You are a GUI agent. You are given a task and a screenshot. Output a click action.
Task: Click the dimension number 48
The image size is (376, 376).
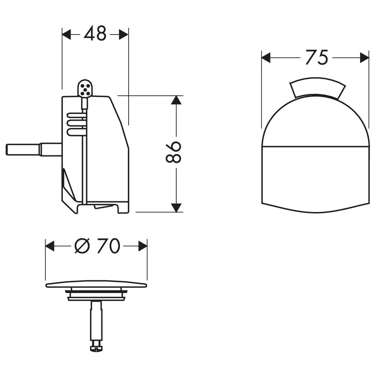click(x=95, y=35)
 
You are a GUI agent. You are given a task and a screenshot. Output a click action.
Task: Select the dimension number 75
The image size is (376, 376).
click(x=316, y=58)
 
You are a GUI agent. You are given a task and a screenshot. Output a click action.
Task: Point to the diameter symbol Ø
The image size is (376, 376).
click(x=81, y=247)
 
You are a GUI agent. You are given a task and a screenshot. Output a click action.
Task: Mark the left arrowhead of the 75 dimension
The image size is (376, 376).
click(x=266, y=58)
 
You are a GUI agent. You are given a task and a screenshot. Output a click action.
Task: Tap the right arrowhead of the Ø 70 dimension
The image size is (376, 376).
click(x=143, y=246)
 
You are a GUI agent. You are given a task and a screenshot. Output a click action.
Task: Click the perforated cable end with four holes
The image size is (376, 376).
click(x=84, y=89)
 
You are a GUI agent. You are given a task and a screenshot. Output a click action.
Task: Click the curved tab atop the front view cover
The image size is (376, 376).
click(x=317, y=89)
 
